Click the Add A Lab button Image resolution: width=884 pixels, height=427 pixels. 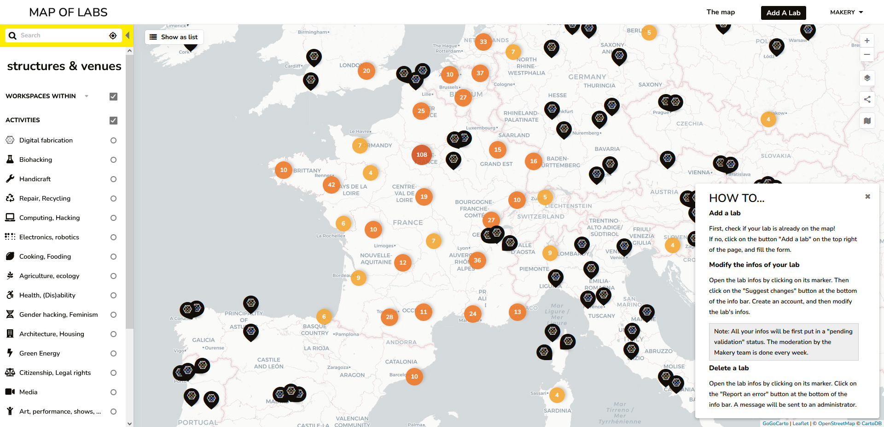tap(783, 13)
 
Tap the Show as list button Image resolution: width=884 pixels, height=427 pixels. tap(174, 37)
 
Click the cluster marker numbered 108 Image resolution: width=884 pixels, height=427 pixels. tap(422, 155)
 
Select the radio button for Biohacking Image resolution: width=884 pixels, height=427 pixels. tap(113, 160)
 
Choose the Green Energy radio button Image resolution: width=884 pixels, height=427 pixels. tap(113, 354)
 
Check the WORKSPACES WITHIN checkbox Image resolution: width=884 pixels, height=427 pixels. tap(113, 96)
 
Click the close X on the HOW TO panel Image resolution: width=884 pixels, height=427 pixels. tap(867, 196)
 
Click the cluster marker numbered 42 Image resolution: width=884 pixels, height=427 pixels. tap(331, 185)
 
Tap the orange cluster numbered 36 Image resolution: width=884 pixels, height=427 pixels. tap(477, 261)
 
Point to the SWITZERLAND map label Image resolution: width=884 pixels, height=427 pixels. tap(541, 216)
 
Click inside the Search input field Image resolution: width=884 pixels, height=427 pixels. tap(62, 36)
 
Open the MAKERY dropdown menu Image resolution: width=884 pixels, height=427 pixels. tap(846, 12)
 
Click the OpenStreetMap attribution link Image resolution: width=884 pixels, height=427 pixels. tap(836, 423)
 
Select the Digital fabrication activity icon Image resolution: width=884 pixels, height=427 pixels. tap(10, 140)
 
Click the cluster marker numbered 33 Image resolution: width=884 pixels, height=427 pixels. tap(483, 42)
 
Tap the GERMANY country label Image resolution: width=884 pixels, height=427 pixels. tap(587, 77)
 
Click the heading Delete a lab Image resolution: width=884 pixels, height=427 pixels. tap(729, 368)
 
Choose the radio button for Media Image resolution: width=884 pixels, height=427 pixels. tap(113, 392)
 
